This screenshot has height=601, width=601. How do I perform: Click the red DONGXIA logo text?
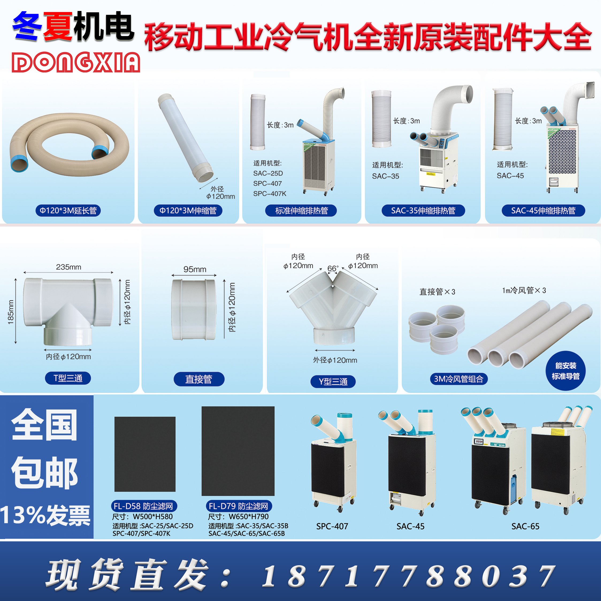[76, 62]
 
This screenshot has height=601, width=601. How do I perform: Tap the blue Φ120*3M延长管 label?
[68, 210]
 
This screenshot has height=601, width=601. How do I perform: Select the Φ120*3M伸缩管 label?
[188, 210]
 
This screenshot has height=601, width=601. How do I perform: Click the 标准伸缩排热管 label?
[301, 210]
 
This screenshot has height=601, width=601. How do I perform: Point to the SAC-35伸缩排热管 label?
[423, 210]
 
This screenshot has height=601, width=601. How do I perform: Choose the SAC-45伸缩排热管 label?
[543, 210]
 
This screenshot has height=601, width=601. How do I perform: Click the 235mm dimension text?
[68, 267]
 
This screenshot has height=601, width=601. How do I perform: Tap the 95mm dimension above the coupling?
[195, 269]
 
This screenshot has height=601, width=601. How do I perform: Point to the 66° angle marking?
[332, 268]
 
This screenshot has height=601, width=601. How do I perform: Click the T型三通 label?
[68, 378]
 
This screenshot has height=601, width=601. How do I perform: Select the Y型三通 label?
[333, 382]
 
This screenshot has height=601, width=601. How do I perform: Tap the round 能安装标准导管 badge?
[565, 371]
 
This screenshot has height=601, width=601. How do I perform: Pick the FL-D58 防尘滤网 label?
[144, 506]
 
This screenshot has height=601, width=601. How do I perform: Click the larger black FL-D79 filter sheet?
[238, 451]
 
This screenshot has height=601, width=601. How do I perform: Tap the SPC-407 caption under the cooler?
[332, 526]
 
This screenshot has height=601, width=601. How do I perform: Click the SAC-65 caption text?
[525, 526]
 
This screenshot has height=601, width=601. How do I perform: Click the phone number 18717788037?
[408, 576]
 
